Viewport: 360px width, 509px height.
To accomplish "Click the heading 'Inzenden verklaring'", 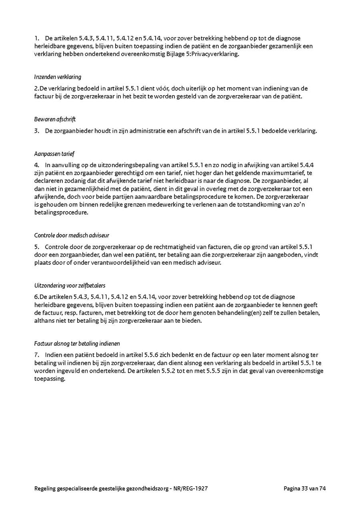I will [x=58, y=77].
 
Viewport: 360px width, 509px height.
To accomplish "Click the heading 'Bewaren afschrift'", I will [x=55, y=119].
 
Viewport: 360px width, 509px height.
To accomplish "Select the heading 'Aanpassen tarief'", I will [x=54, y=154].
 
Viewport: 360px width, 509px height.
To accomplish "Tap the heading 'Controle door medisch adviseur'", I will [x=72, y=236].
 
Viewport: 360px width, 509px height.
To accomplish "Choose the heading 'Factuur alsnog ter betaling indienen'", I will [x=77, y=343].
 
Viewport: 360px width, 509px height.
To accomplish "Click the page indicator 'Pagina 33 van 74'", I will [x=305, y=488].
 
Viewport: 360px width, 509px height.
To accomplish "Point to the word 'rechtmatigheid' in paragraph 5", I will [x=183, y=247].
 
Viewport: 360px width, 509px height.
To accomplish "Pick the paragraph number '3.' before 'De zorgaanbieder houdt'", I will [x=37, y=130].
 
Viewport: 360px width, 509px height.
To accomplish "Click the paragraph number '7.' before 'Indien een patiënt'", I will [x=37, y=355].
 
